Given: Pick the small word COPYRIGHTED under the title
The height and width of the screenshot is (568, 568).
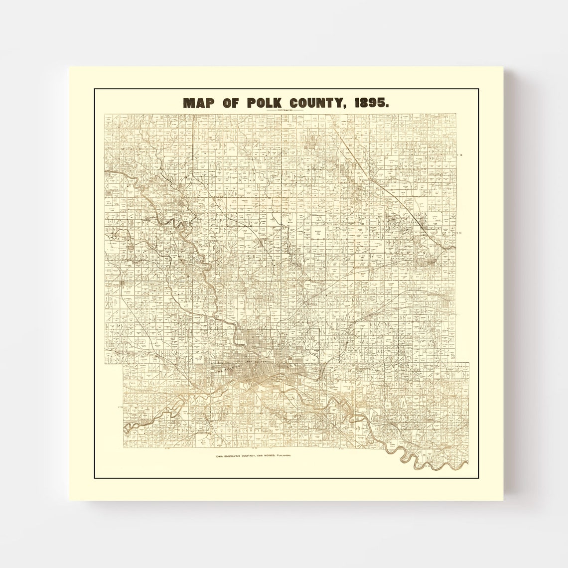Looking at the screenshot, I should click(x=284, y=110).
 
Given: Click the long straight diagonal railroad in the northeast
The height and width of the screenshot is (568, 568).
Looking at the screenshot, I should click(x=379, y=174).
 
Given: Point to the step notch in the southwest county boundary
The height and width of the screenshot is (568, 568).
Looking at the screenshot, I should click(x=123, y=363).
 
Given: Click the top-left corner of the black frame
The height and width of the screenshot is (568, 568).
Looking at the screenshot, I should click(x=95, y=89).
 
